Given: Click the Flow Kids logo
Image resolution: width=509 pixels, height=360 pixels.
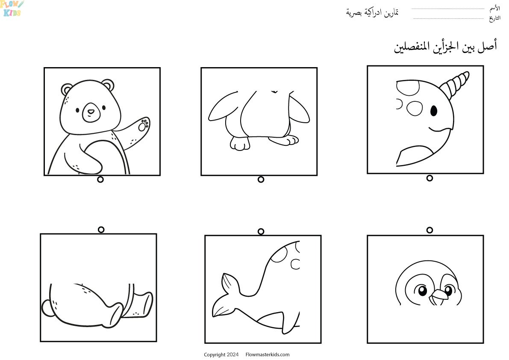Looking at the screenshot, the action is pos(12,9).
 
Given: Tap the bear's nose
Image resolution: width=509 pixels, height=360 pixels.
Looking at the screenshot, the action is pos(91,112).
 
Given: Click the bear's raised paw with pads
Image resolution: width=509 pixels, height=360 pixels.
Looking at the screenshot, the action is pos(142,125).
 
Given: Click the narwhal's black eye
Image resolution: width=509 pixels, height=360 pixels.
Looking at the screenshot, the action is pos(434,111).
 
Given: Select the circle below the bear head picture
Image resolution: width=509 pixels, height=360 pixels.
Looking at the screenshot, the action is pos(100,180).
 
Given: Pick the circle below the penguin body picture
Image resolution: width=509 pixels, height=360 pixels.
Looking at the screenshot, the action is pos(261,180).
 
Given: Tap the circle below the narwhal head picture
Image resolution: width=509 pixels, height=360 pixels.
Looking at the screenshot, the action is pos(430,178).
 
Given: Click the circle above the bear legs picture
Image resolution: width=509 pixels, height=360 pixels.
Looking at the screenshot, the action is pos(101,230).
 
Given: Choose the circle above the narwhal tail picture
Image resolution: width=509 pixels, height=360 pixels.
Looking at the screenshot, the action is pos(261,231).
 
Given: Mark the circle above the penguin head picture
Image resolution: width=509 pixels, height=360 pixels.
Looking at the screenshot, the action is pos(430,230).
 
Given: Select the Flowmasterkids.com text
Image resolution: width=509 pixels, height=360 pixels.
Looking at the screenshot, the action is pos(268,354).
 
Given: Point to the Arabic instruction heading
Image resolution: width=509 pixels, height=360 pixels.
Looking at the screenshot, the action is pos(445,47).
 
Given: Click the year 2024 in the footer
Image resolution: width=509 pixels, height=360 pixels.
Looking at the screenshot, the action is pos(233,354).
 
